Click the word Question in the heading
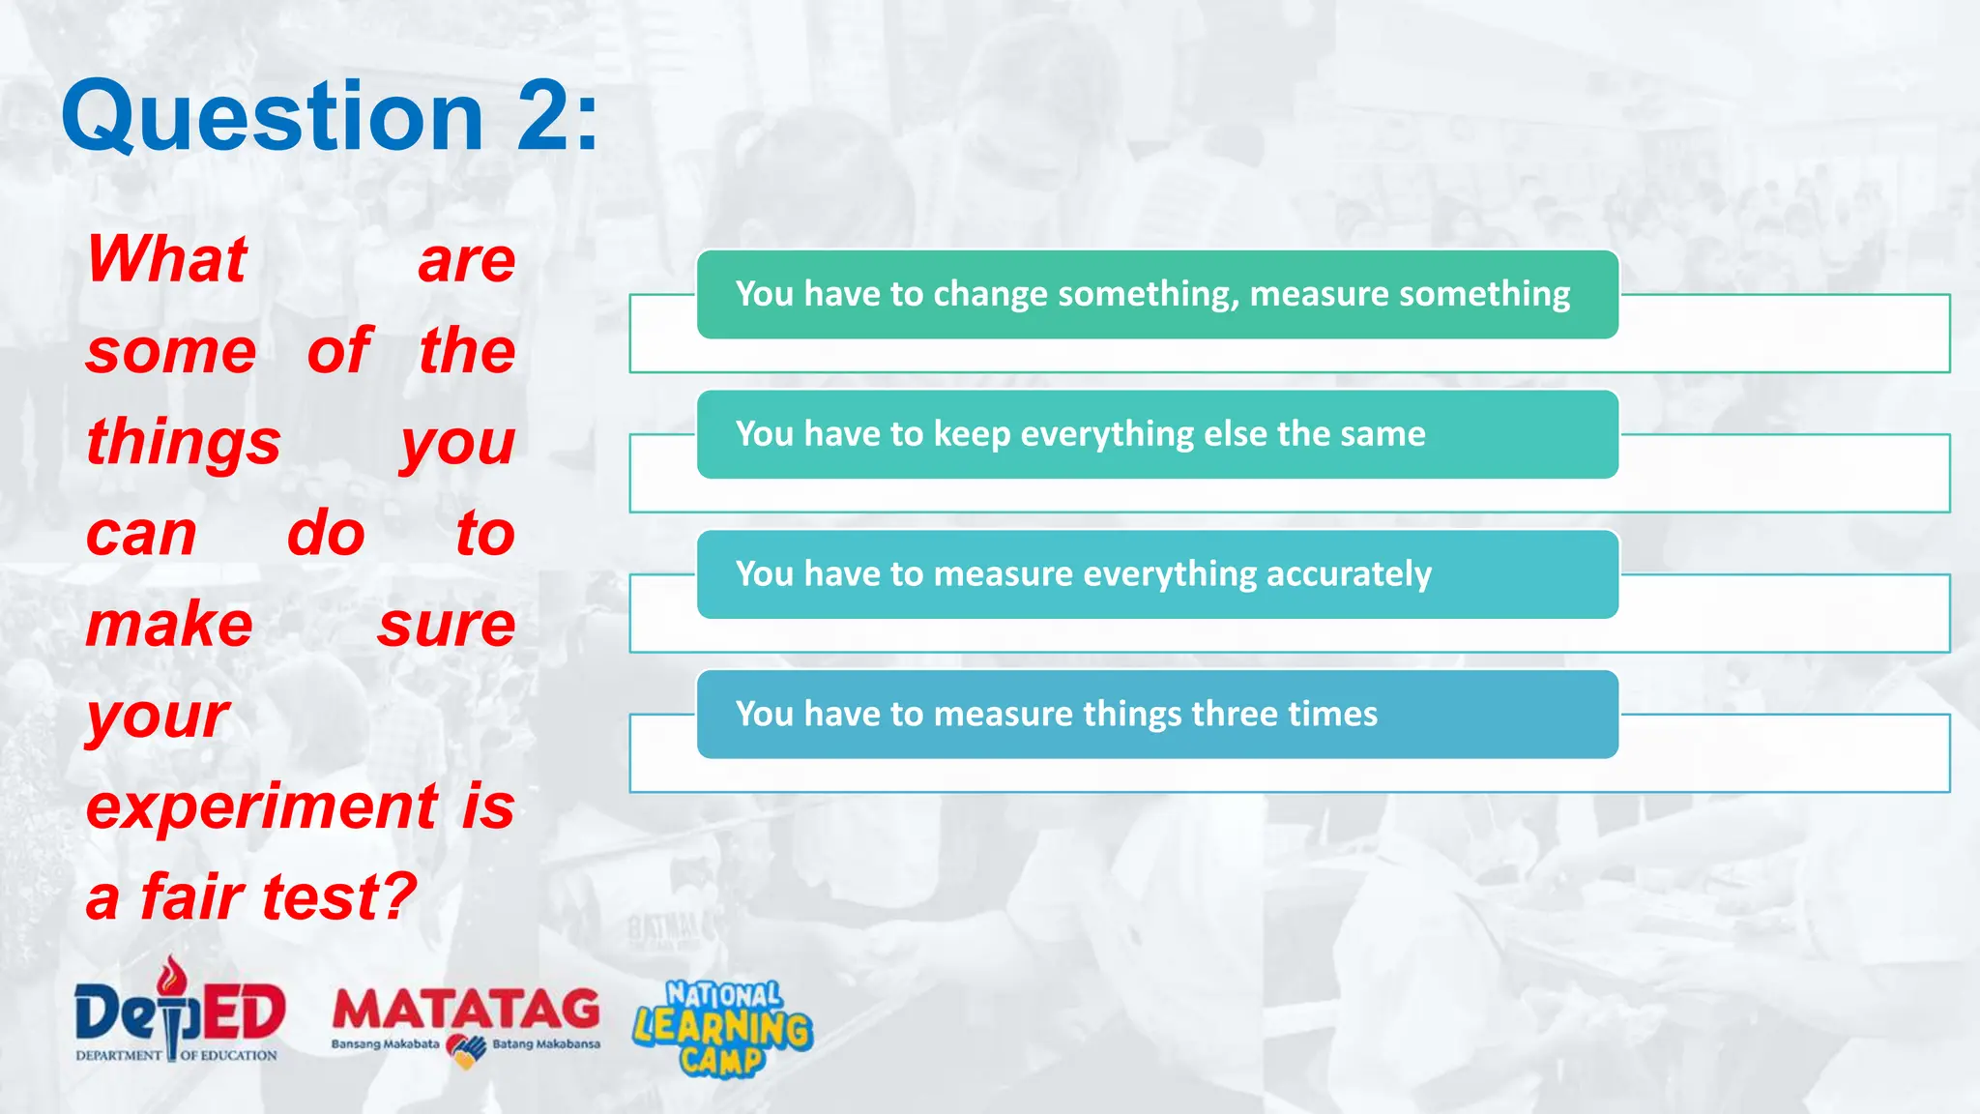(272, 119)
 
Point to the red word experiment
(261, 806)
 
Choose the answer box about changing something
(1156, 294)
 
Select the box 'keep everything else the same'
(1156, 434)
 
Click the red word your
(158, 717)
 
